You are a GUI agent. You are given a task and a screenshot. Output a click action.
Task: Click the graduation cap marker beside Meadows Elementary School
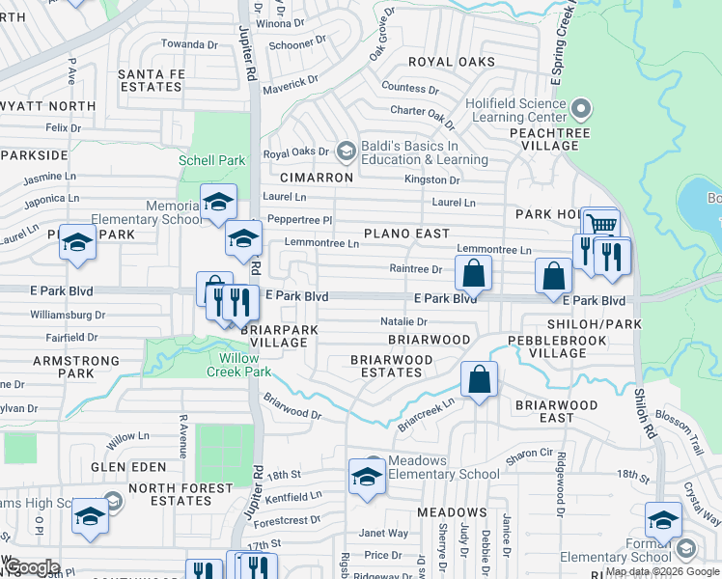(x=367, y=478)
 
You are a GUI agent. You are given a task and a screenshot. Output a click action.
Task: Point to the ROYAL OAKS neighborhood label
(x=451, y=62)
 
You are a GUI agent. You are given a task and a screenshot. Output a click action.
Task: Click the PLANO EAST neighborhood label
(x=406, y=234)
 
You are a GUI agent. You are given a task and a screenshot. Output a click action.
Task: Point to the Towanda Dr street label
(x=189, y=44)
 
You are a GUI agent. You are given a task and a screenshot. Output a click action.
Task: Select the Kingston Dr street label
(x=431, y=179)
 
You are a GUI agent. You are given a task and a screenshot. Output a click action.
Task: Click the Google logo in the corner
(x=31, y=567)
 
